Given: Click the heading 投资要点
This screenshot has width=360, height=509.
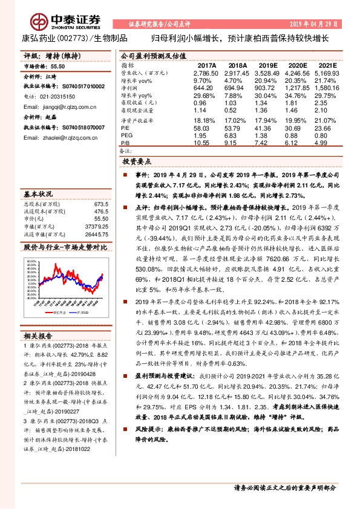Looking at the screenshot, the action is pyautogui.click(x=139, y=162).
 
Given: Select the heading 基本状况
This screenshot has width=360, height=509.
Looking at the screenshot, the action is pyautogui.click(x=38, y=195).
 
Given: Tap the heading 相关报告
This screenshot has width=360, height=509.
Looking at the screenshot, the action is pyautogui.click(x=38, y=336).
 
